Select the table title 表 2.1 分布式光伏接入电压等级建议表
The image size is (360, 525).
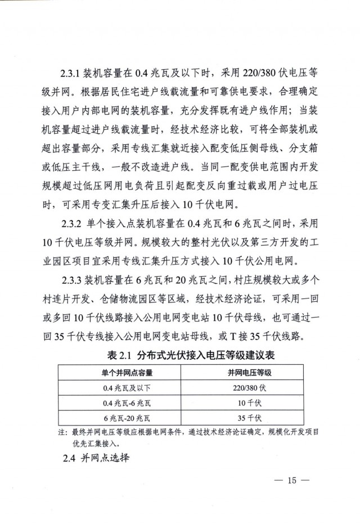[189, 356]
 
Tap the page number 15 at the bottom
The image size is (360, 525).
[290, 481]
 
